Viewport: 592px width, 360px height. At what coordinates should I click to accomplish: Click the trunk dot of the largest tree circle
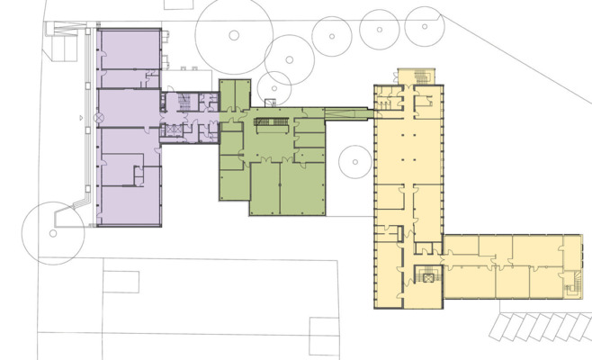tap(234, 35)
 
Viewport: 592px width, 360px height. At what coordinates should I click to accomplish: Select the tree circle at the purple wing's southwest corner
tap(53, 231)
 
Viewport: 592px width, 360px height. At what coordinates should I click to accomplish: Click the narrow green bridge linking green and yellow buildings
tap(347, 113)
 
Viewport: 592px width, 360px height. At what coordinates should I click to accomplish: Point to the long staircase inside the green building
tap(274, 119)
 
